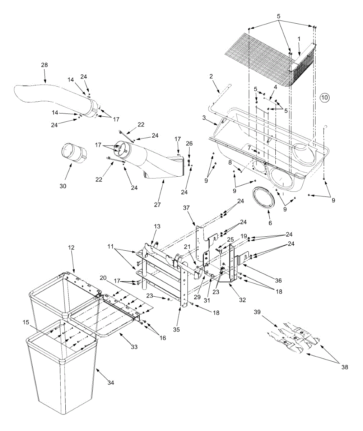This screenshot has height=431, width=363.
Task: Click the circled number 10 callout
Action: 325,97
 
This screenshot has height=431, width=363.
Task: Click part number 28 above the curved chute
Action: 44,65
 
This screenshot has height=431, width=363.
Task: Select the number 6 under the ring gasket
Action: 270,223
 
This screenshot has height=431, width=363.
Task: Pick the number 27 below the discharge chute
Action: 158,205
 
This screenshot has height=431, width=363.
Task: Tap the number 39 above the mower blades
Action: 257,312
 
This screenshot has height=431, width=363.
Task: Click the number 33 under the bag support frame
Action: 134,347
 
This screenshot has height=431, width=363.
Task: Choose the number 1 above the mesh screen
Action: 299,38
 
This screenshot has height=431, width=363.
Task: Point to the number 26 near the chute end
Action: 189,144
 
